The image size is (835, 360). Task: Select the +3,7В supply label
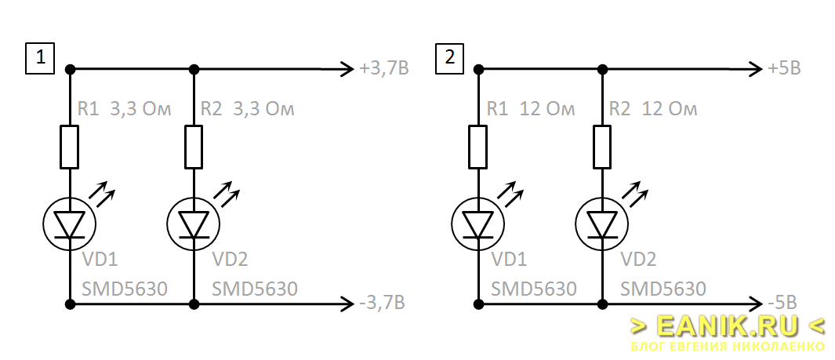coord(384,69)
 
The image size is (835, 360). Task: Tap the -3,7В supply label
coord(382,303)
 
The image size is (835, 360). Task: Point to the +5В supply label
coord(785,69)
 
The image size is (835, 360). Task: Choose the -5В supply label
coord(782,303)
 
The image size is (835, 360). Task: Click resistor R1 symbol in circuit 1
coord(70,147)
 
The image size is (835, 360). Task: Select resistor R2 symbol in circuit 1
coord(194,147)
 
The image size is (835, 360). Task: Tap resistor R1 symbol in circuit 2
coord(478,147)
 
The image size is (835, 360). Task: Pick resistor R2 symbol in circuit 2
coord(602,147)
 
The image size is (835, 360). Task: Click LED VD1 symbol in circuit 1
coord(70,223)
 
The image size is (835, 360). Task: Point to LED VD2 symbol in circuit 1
coord(194,223)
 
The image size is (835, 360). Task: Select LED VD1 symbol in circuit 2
coord(478,223)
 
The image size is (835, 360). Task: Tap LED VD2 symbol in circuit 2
coord(602,223)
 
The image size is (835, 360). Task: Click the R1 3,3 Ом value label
coord(124,110)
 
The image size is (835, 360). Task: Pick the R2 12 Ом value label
coord(653,110)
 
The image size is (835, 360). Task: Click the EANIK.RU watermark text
coord(728,325)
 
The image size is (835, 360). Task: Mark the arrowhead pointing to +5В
coord(756,69)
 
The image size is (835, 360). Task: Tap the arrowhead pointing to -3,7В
coord(347,304)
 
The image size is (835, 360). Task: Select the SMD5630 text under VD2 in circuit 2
coord(663,289)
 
